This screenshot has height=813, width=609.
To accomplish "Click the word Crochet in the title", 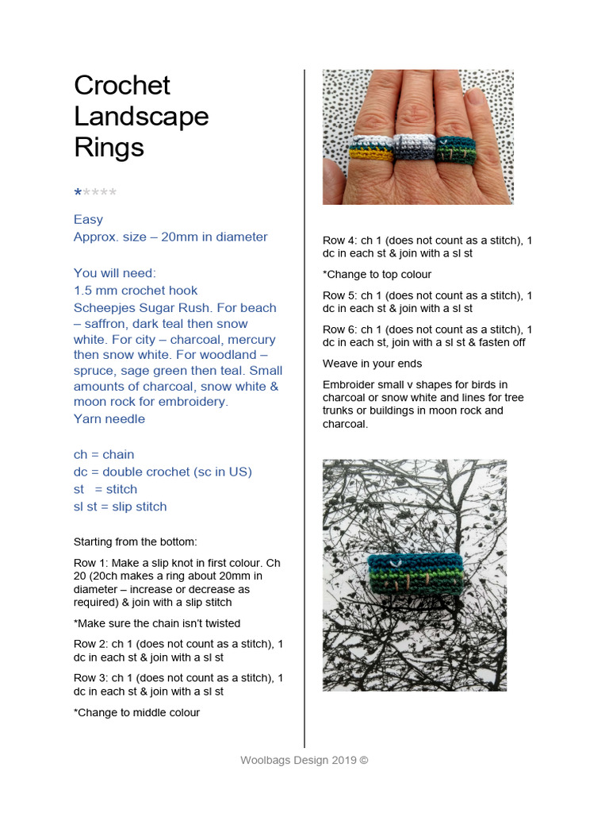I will pos(122,86).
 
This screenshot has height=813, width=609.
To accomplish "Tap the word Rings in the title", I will pos(109,147).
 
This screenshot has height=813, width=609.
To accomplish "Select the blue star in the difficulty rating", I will pos(78,193).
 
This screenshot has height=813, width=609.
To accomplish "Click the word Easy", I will pos(88,219).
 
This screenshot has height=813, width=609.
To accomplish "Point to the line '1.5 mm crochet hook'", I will pos(136,291).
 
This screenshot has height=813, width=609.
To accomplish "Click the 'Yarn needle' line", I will pos(109,419).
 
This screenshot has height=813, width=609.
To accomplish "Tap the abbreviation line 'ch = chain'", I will pos(104,454).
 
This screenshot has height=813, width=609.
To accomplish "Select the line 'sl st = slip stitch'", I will pos(120,507).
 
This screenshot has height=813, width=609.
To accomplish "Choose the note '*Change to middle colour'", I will pos(136,712).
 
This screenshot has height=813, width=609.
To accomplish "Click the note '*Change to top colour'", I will pos(377,275).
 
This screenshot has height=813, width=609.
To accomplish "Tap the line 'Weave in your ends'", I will pos(372,364).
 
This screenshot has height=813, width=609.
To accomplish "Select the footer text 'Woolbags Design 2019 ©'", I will pos(304,760).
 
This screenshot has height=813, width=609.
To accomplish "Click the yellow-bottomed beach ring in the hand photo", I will pos(371,150).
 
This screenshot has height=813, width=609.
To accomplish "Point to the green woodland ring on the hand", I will pos(454,149).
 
